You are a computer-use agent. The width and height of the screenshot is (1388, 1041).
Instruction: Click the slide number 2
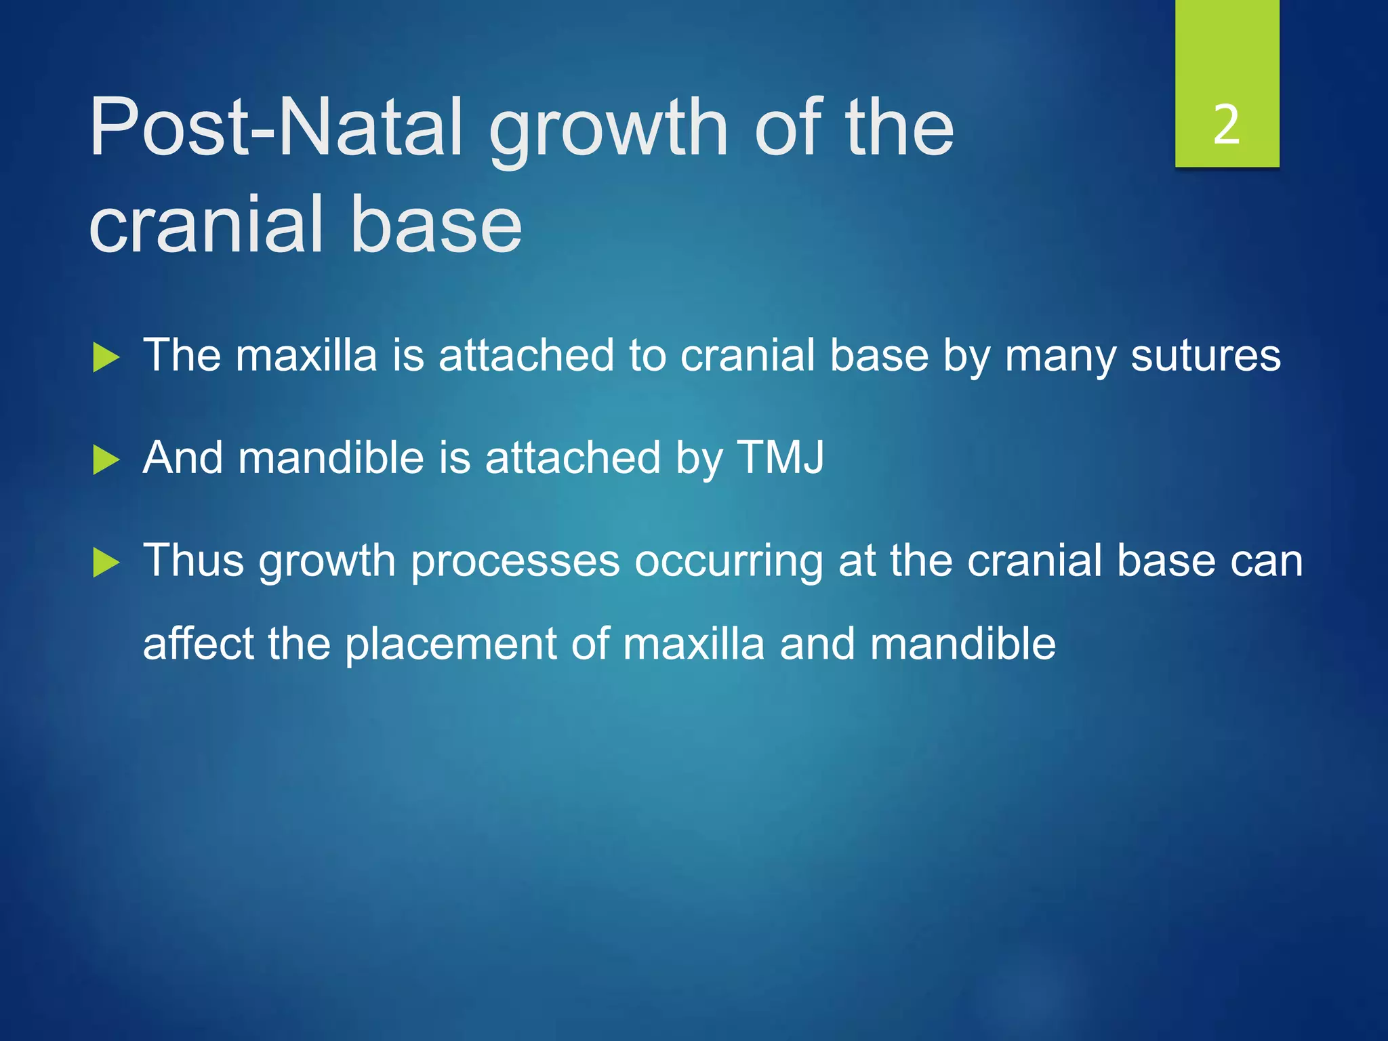[1227, 125]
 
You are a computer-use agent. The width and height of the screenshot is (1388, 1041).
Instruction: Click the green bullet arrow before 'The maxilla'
[106, 357]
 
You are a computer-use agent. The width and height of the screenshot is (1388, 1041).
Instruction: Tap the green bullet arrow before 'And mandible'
[106, 460]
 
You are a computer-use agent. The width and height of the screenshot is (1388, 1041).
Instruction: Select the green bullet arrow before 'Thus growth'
[106, 563]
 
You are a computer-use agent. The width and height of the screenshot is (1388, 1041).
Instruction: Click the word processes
[515, 563]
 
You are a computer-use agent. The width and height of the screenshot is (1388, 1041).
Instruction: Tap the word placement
[450, 645]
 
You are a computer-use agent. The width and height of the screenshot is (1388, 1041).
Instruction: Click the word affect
[199, 643]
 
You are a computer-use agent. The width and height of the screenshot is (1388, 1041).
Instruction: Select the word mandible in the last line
[962, 643]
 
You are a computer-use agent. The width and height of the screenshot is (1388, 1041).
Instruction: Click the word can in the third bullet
[1266, 562]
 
